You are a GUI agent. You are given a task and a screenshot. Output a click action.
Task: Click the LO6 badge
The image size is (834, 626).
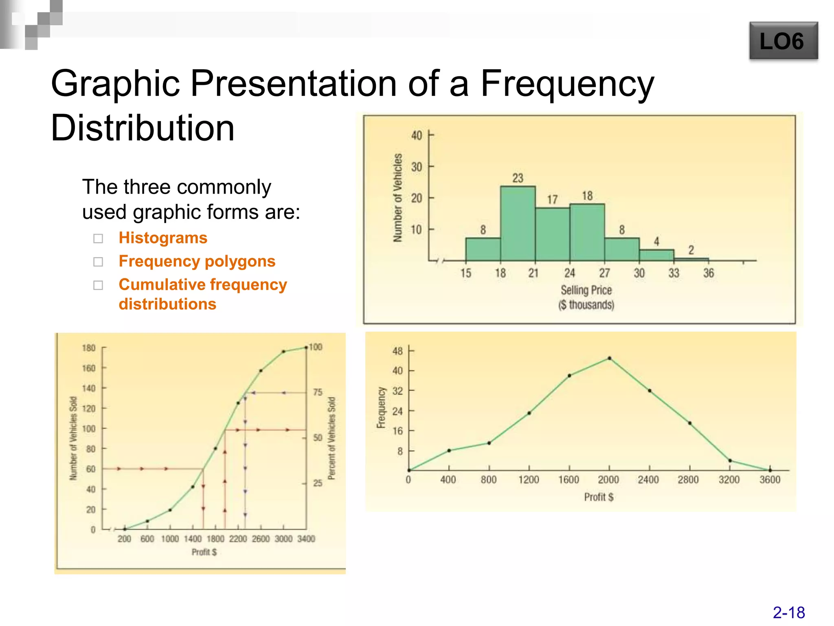click(783, 41)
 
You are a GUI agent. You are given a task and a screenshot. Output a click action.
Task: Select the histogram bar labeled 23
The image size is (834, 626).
click(518, 224)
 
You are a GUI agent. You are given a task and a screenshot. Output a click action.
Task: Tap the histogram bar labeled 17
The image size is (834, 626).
click(552, 234)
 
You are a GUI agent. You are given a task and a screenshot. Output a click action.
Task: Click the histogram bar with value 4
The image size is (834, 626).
click(656, 255)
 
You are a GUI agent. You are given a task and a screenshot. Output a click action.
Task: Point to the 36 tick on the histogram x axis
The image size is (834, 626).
click(709, 273)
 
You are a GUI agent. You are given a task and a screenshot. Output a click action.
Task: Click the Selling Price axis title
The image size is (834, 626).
click(586, 290)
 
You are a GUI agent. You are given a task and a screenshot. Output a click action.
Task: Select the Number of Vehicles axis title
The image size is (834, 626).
click(398, 198)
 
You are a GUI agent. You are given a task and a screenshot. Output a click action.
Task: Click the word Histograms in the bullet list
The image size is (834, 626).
click(163, 238)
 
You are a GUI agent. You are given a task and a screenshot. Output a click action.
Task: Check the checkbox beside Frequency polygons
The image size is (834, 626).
click(98, 262)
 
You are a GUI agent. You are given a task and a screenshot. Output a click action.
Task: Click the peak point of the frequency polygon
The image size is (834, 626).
click(609, 358)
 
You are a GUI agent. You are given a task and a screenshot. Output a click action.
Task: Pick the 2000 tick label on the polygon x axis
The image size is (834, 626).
click(608, 480)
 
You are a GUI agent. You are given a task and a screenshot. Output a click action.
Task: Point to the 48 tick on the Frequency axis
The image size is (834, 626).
click(397, 351)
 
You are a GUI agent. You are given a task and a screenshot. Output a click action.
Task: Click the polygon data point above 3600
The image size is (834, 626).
click(770, 470)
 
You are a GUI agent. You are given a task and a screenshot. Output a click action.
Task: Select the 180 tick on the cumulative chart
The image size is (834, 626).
click(88, 348)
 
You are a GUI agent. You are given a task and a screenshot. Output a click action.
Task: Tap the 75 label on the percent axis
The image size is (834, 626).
click(318, 392)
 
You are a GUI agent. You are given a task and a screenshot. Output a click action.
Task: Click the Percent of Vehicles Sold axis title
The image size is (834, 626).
click(332, 438)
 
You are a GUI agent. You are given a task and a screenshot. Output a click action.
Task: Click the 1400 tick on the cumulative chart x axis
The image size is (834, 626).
click(193, 539)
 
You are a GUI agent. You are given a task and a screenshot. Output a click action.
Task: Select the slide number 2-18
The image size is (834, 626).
click(788, 613)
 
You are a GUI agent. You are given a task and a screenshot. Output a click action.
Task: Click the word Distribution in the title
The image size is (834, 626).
click(143, 128)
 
